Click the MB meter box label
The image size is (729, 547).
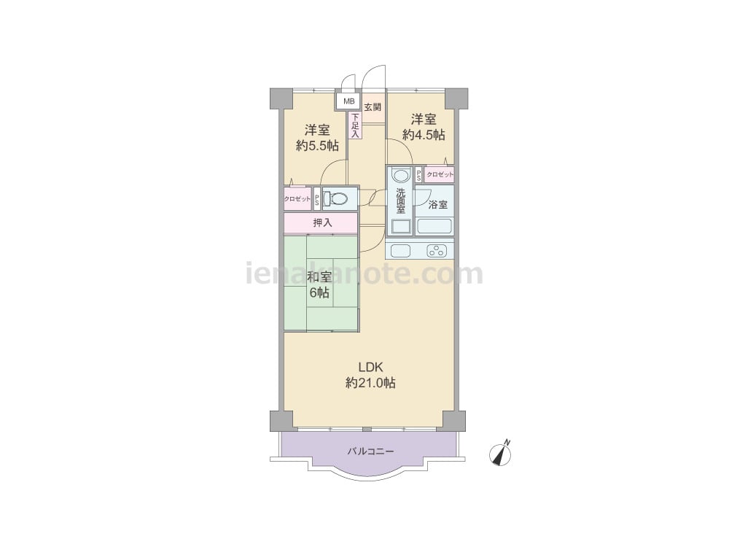pos(348,101)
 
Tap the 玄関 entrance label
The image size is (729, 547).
pos(373,107)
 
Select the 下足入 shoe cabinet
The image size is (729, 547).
pos(355,125)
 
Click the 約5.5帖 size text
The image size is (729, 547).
pos(317,146)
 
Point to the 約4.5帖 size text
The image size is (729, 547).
pos(424,134)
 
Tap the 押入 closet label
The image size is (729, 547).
pos(322,222)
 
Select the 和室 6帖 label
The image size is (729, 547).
pos(319,284)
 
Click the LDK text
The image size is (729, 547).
pos(370,367)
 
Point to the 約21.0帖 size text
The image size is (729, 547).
pos(370,383)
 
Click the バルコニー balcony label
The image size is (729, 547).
pos(370,451)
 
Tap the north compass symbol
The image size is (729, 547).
pos(500,453)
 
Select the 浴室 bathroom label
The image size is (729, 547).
pos(438,204)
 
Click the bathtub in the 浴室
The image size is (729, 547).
pos(434,226)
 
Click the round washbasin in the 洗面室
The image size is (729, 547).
pos(401,176)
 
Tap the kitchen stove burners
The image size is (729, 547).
pos(437,251)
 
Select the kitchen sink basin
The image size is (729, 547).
pos(401,251)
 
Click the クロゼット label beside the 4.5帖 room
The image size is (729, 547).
pos(440,174)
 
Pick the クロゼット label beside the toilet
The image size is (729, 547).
pos(297,199)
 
